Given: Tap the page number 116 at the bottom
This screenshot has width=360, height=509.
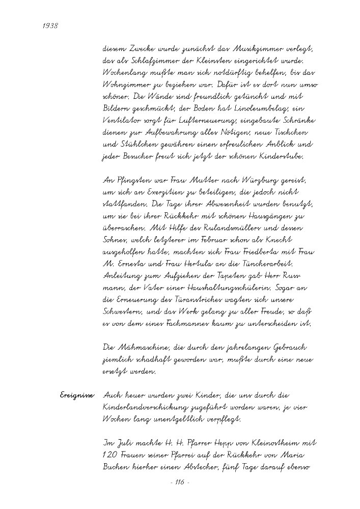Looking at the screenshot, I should [x=179, y=483].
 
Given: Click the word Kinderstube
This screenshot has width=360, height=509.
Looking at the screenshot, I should [x=282, y=157].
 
